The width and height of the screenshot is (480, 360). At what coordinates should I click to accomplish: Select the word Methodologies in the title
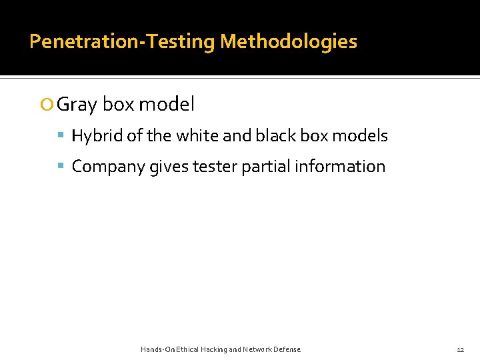[289, 42]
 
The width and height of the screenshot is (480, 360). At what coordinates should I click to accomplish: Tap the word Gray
[77, 105]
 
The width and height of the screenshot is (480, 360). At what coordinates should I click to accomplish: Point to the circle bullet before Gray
[47, 105]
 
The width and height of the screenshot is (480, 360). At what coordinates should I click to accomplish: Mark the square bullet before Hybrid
[61, 136]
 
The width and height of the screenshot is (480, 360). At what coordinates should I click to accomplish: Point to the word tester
[215, 166]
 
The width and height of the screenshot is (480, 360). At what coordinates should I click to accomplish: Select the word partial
[266, 167]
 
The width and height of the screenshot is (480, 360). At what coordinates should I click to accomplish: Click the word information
[341, 166]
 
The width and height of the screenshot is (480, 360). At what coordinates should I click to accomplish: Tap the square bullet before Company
[61, 167]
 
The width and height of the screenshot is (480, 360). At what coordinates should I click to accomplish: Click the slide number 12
[460, 349]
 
